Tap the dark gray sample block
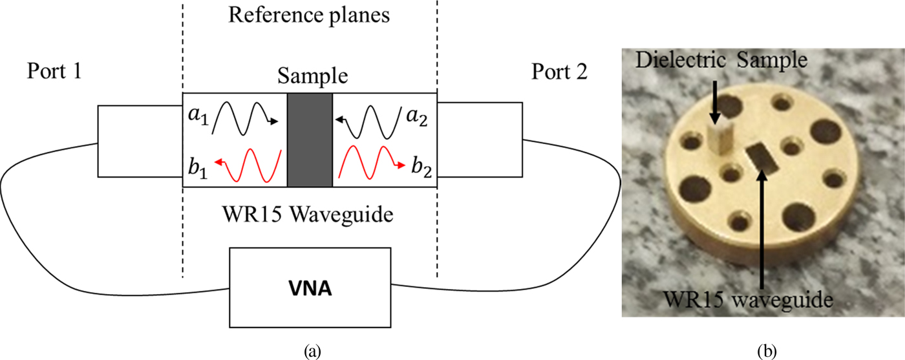[309, 140]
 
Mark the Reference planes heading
[309, 16]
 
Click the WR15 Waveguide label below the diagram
[309, 213]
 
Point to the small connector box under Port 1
[140, 140]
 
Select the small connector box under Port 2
[480, 140]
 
